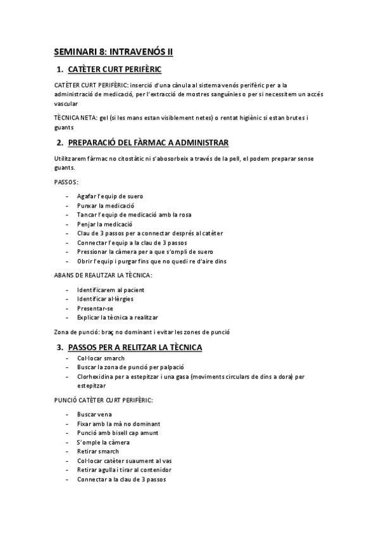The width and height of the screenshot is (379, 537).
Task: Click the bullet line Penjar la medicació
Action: coord(104,224)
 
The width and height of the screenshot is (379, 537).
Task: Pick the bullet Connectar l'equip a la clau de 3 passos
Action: coord(132,243)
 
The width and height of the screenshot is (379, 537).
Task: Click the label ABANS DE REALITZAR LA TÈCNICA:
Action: coord(103,275)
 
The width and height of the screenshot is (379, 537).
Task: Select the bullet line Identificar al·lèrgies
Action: coord(105,299)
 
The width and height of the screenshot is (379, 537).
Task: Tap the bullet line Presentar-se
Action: coord(96,308)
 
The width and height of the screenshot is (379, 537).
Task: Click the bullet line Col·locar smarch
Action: coord(101,358)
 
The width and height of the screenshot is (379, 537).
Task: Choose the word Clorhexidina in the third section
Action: coord(96,376)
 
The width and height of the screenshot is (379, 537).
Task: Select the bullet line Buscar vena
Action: coord(94,414)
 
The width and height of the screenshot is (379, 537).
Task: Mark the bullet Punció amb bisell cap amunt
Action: coord(118,433)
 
